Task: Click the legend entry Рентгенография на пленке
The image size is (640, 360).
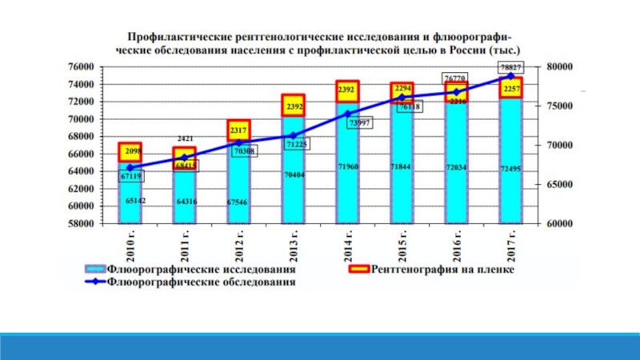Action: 436,270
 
